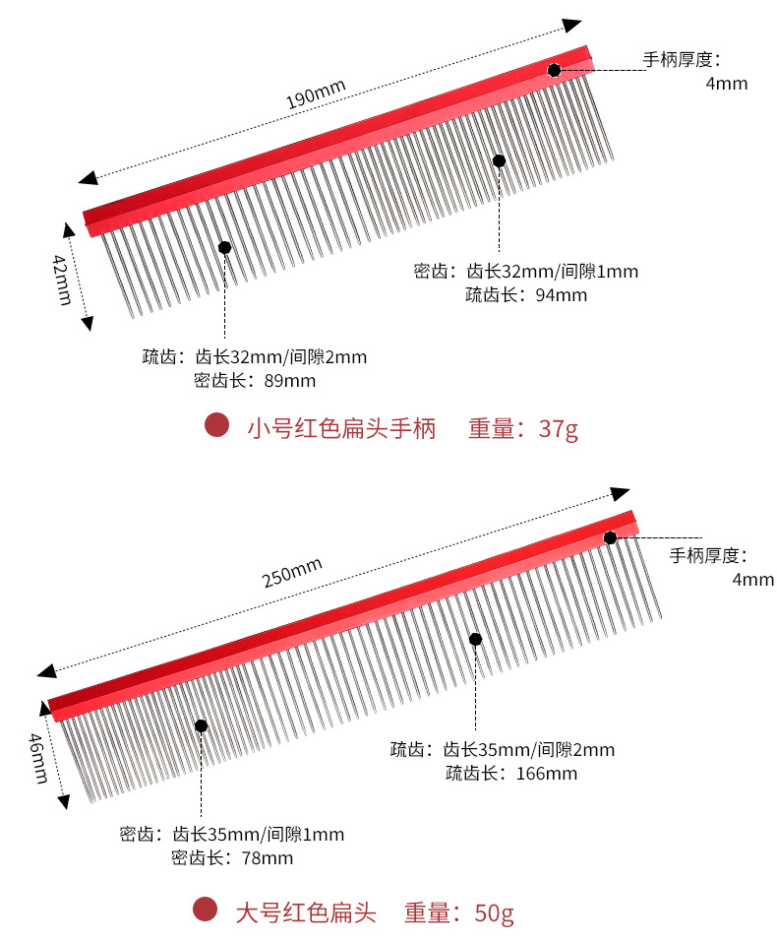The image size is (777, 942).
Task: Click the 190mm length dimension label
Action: pos(316,93)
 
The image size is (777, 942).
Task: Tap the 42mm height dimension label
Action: pos(62,280)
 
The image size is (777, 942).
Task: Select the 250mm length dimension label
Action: pos(293,572)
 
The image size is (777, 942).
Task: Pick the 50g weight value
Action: pos(494,912)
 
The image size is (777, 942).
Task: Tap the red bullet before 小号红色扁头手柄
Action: pos(216,426)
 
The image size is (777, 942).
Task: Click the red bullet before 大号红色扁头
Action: pos(204,911)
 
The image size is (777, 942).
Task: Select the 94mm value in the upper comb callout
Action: pos(561,295)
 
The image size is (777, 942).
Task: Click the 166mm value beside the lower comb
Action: pos(546,774)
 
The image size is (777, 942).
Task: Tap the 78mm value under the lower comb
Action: pos(267,858)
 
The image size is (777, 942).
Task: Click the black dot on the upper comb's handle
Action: pos(555,70)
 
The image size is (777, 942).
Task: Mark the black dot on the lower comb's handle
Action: pos(611,537)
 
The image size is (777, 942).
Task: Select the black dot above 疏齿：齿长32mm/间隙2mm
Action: pos(225,248)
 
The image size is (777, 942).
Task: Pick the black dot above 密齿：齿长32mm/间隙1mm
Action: pos(499,160)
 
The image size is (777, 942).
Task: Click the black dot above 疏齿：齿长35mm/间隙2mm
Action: pos(475,639)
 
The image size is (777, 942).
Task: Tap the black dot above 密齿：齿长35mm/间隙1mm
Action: pos(202,726)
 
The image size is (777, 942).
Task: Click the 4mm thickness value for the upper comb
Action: pos(727,84)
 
